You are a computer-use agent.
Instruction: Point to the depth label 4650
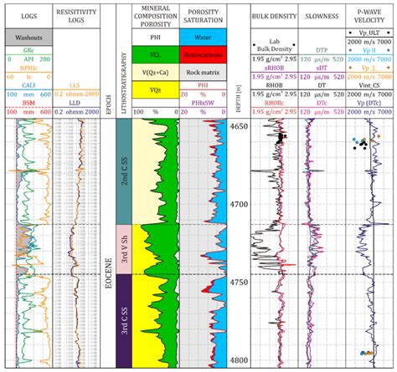click(238, 126)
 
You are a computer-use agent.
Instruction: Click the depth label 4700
click(238, 204)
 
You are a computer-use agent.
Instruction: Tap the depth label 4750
click(238, 283)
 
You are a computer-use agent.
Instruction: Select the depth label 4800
click(238, 360)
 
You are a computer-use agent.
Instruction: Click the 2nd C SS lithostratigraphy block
click(123, 171)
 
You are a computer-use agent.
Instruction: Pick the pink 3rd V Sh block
click(123, 248)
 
